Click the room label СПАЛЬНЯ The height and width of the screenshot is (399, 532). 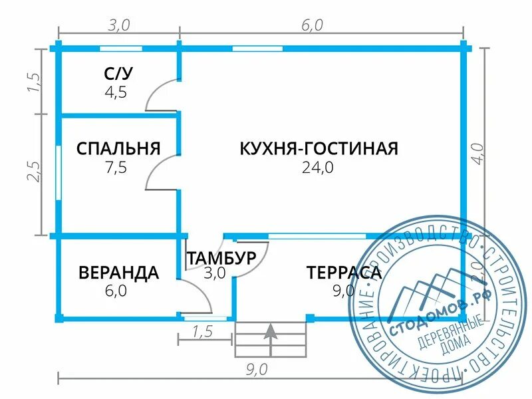tap(118, 148)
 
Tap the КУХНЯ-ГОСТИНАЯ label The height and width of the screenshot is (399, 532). tap(319, 148)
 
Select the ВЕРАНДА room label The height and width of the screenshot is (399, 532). tap(118, 273)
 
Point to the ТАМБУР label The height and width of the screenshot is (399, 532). tap(221, 258)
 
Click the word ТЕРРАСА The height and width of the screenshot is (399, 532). tap(344, 273)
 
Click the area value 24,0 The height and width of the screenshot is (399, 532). tap(318, 168)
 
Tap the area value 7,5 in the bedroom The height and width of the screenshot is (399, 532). tap(116, 168)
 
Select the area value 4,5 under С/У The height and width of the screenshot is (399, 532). tap(116, 92)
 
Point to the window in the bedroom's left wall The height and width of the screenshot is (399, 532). tap(59, 172)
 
